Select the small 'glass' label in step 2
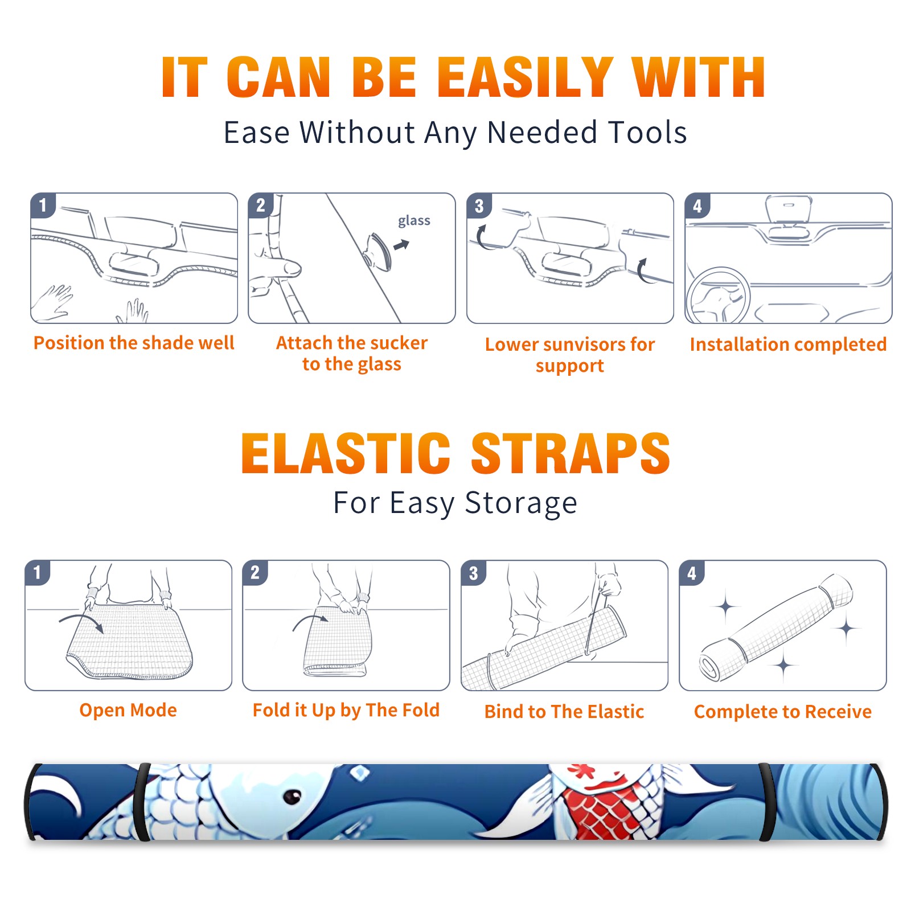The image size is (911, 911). [414, 221]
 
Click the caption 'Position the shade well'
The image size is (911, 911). [134, 343]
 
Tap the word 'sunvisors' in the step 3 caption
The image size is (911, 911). [583, 344]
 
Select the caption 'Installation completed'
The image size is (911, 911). [788, 344]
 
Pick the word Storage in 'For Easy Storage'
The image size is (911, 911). [521, 503]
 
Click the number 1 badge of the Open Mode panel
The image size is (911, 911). [38, 573]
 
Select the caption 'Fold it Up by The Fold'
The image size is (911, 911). [346, 710]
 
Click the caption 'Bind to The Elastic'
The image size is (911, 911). [564, 712]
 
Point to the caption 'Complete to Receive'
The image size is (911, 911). [783, 712]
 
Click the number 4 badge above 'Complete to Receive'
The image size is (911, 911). [692, 573]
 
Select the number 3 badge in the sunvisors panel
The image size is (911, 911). [479, 206]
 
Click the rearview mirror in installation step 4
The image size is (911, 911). [789, 209]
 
